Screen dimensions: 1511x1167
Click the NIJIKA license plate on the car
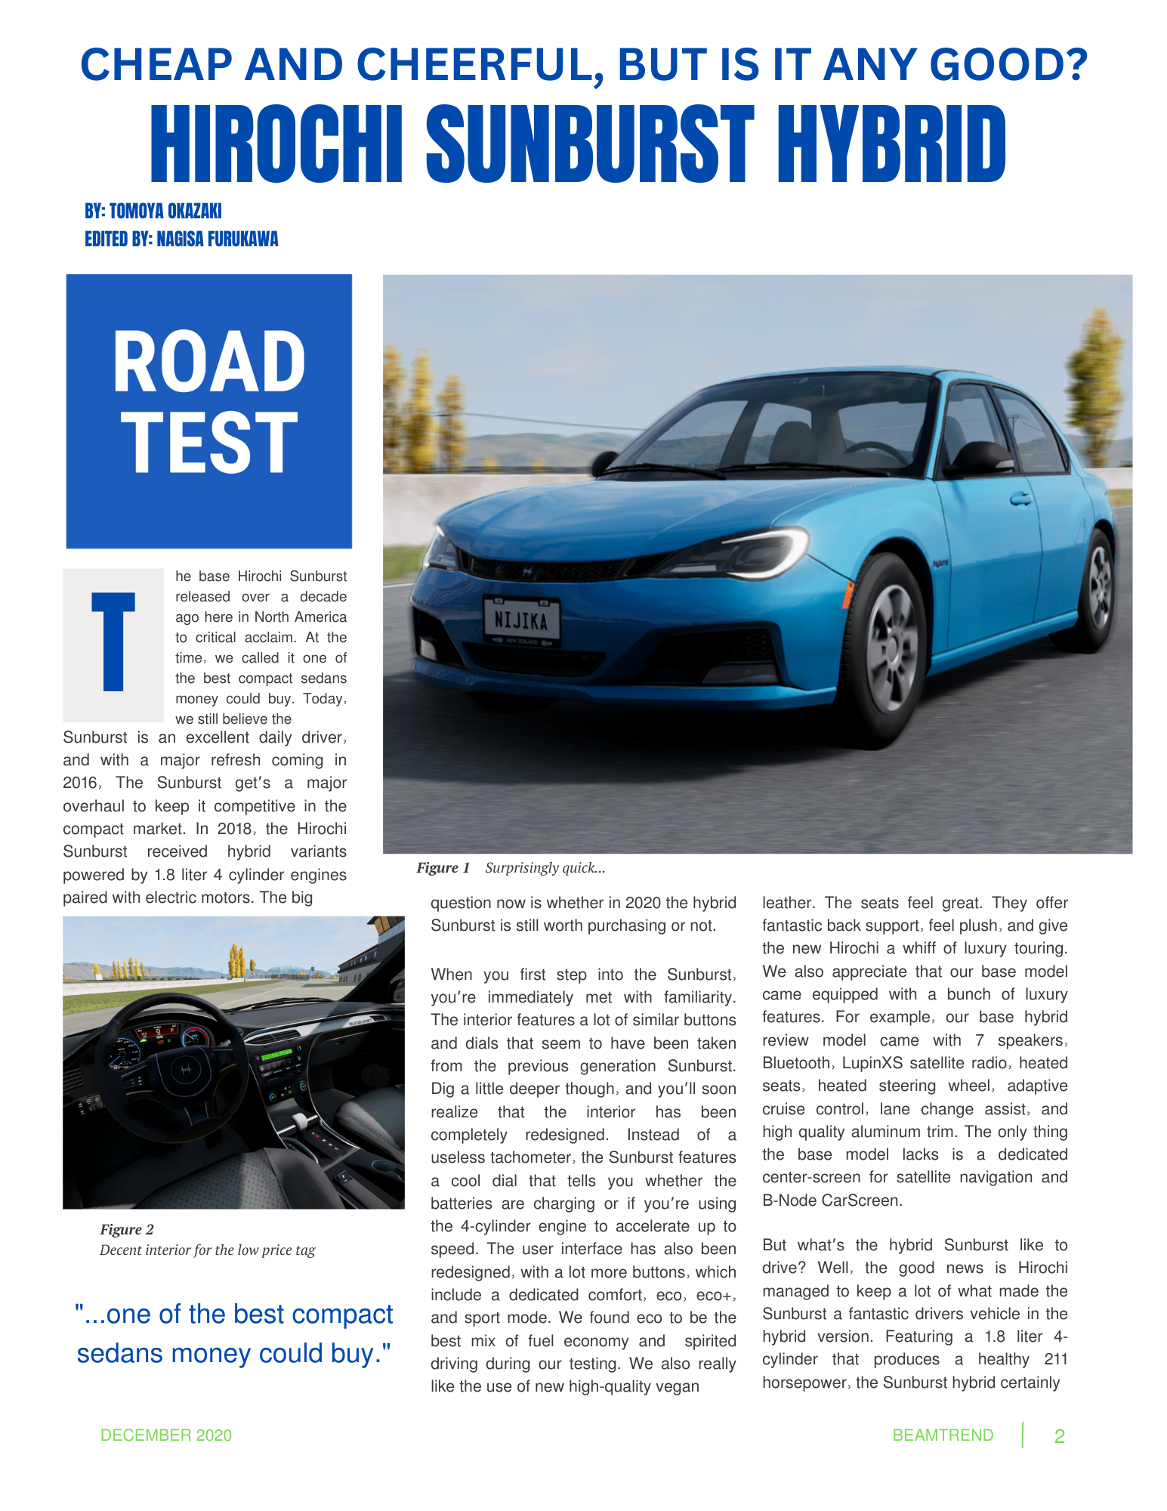[521, 620]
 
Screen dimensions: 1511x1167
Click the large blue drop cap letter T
[113, 642]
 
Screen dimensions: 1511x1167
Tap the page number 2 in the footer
[1059, 1436]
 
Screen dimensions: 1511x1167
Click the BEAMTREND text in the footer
[943, 1435]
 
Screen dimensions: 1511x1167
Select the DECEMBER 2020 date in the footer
[166, 1435]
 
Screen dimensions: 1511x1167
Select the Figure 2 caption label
[127, 1229]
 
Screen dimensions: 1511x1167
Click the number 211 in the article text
[1056, 1359]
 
